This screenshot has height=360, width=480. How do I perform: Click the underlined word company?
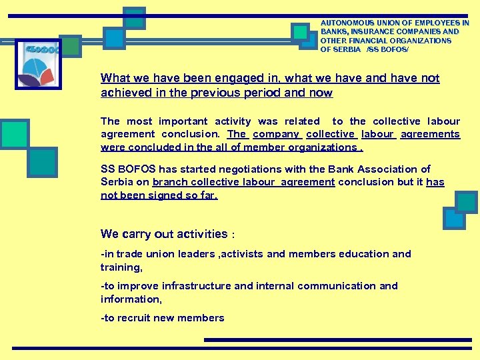pos(276,134)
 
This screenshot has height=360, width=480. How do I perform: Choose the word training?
pos(121,267)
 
